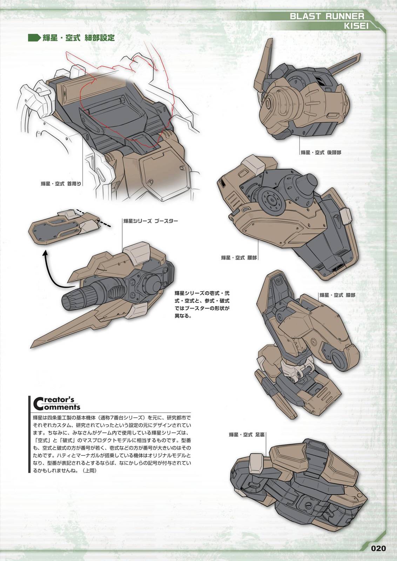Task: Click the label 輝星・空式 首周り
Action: (61, 183)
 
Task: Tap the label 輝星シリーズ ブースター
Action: (150, 221)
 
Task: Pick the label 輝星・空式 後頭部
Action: (321, 153)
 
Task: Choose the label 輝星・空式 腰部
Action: (239, 258)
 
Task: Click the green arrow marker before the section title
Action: (34, 38)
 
